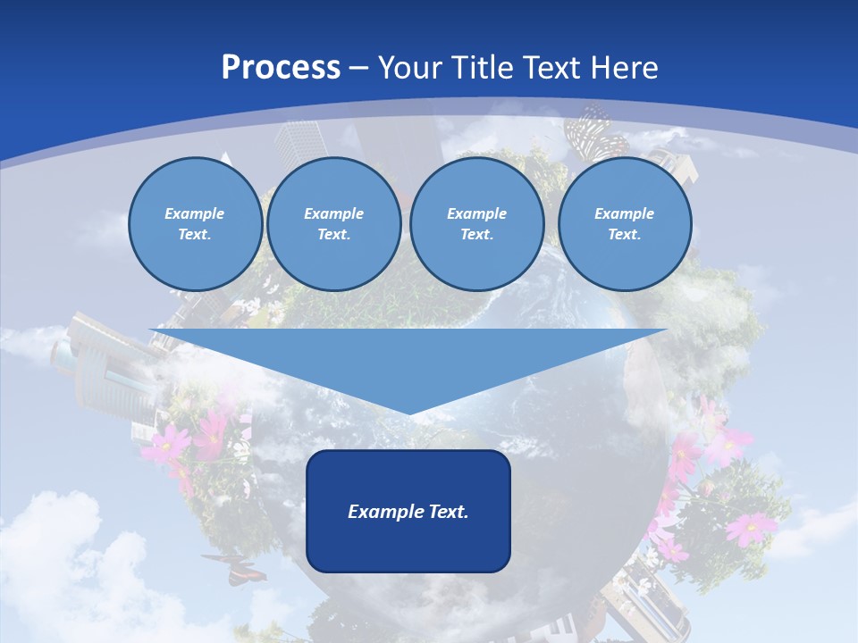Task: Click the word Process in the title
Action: coord(281,68)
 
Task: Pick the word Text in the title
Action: coord(553,68)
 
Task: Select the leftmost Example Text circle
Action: coord(195,224)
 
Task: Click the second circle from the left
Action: coord(333,224)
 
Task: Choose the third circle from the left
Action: coord(476,224)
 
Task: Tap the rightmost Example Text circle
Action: coord(624,224)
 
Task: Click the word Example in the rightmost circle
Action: coord(624,213)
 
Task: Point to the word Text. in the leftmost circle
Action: coord(195,235)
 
